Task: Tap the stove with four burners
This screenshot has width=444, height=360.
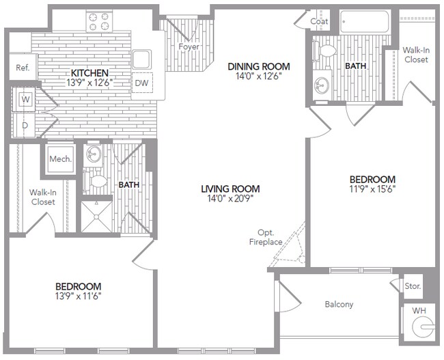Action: click(x=98, y=21)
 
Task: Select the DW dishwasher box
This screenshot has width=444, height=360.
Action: click(x=142, y=83)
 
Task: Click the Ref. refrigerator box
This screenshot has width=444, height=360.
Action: click(x=23, y=68)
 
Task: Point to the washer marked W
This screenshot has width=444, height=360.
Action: click(x=26, y=100)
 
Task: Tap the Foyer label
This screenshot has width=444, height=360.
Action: click(x=189, y=47)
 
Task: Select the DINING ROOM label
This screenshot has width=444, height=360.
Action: click(x=259, y=66)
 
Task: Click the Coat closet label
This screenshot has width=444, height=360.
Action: click(x=319, y=21)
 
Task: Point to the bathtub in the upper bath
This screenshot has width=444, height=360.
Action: click(x=364, y=22)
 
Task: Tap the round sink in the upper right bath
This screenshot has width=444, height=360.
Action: click(x=320, y=85)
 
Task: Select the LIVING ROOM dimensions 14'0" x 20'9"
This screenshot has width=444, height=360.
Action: click(x=230, y=199)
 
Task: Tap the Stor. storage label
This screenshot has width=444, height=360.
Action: click(x=413, y=286)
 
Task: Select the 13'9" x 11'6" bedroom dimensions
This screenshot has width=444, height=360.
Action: click(x=79, y=296)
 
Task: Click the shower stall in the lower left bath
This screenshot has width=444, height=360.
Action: click(x=96, y=215)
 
